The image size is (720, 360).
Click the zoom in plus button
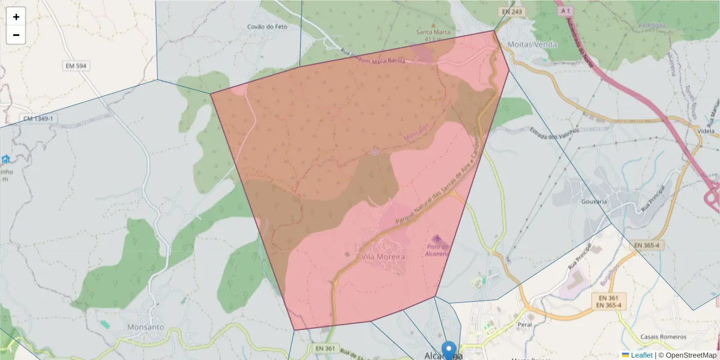click(x=16, y=17)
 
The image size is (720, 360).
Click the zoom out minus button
click(x=16, y=35)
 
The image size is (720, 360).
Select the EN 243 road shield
click(x=511, y=12)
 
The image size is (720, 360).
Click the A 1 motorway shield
click(x=564, y=11)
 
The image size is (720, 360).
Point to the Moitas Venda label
click(x=532, y=44)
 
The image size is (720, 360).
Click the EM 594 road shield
click(x=76, y=65)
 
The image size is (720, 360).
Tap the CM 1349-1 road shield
click(x=38, y=119)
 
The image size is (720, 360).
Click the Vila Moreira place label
click(x=383, y=256)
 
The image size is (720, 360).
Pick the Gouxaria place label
click(x=594, y=202)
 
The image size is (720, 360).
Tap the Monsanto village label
click(x=145, y=328)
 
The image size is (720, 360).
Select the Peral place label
click(x=524, y=323)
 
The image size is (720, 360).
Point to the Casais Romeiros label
click(x=663, y=337)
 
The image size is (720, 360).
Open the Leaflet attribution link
click(x=641, y=355)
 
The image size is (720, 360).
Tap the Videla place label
click(x=706, y=130)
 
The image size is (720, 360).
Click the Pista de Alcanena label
click(x=437, y=250)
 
